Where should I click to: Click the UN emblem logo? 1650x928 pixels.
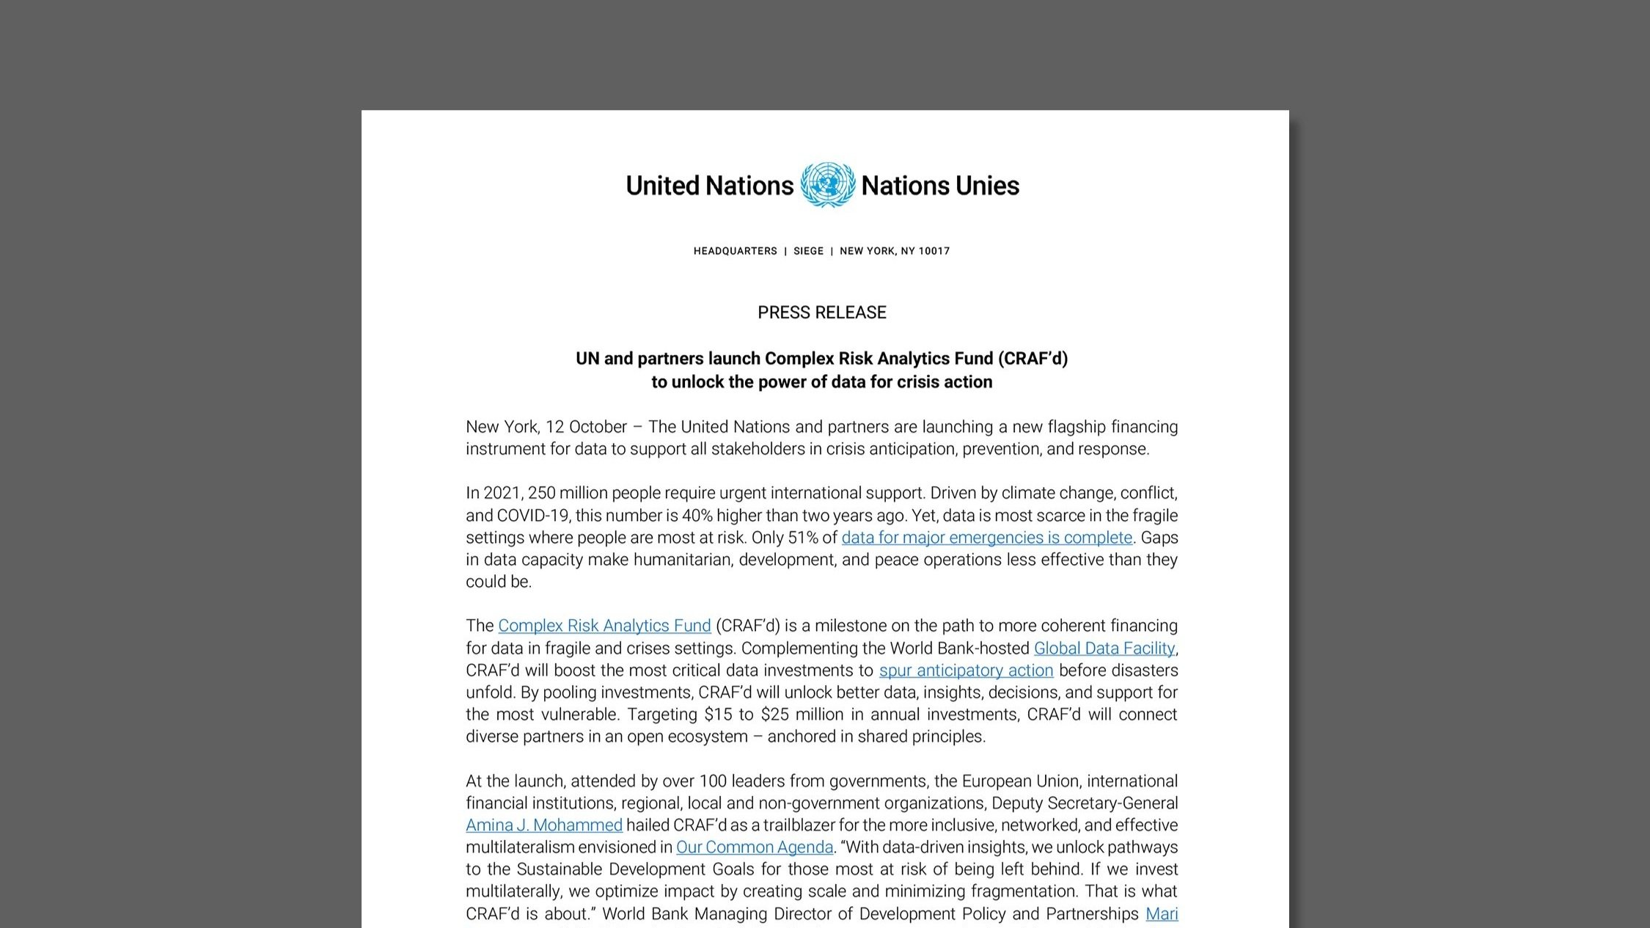[827, 185]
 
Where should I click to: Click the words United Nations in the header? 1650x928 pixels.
[709, 186]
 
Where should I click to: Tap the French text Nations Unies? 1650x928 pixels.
[939, 186]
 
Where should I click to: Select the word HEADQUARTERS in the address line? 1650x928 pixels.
[735, 251]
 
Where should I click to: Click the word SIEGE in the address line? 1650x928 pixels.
[808, 251]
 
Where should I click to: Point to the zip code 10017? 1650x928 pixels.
[934, 251]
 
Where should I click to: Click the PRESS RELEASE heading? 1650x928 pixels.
[821, 313]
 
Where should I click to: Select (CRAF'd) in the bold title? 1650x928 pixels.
[1033, 359]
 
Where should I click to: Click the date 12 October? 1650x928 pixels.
[586, 427]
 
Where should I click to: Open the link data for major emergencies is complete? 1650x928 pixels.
[986, 538]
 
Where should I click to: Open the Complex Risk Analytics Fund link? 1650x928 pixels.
[604, 626]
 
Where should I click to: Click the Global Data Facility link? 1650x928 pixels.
[1104, 648]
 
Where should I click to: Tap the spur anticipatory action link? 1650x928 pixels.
[966, 671]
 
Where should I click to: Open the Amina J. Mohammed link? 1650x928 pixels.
[543, 825]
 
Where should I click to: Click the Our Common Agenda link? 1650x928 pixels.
[754, 847]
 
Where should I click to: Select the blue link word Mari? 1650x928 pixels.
[1162, 914]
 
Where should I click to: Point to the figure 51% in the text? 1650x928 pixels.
[802, 538]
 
